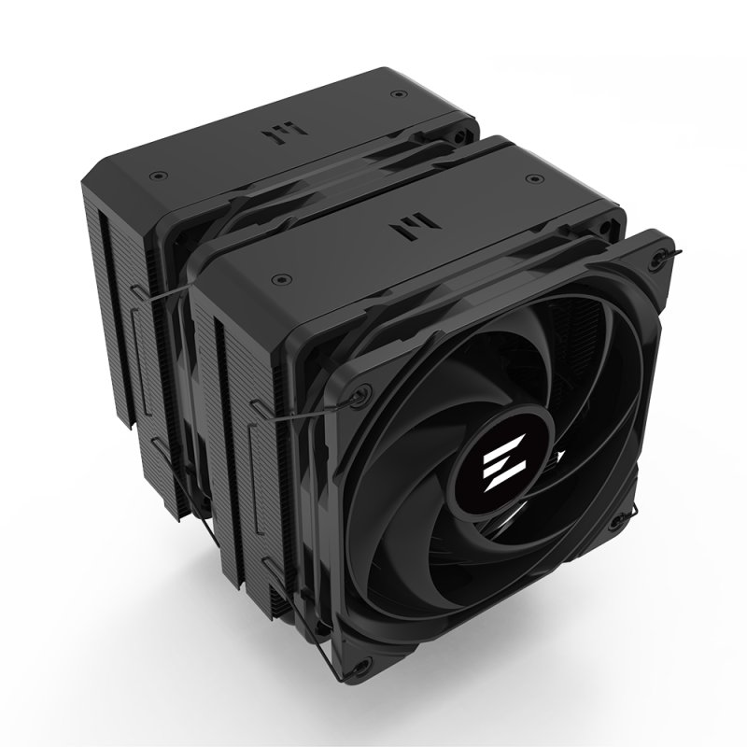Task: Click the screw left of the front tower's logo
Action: pyautogui.click(x=278, y=278)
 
